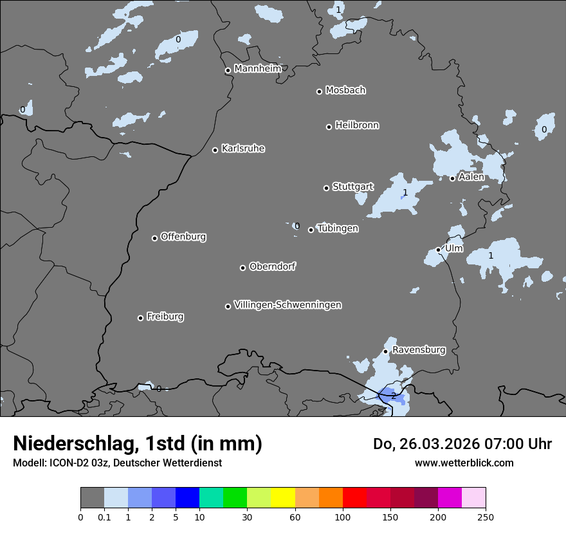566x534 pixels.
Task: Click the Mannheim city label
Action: (x=257, y=68)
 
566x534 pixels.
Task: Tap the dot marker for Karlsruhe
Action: (x=215, y=150)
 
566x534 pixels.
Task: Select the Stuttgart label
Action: (x=352, y=187)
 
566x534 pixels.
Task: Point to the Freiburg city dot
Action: (x=140, y=318)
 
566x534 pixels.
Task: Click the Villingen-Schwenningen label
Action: (x=288, y=305)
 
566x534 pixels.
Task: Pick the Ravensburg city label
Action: (x=418, y=350)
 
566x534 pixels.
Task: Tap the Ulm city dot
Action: (x=438, y=250)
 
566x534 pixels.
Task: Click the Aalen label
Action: (x=471, y=177)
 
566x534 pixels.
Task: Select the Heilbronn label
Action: (x=357, y=125)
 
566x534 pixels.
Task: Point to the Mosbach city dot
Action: (x=319, y=91)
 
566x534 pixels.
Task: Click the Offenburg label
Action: (x=183, y=237)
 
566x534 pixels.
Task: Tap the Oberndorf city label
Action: (x=273, y=266)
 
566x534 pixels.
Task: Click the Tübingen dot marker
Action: (x=311, y=230)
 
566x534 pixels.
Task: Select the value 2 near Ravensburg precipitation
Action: (x=394, y=396)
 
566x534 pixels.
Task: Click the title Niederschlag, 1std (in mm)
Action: (x=138, y=443)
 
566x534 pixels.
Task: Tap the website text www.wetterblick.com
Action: (x=464, y=463)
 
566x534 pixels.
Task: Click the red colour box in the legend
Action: (x=354, y=498)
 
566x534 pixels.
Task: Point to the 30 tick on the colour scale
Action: (x=247, y=516)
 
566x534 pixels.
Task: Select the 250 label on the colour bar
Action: (x=485, y=516)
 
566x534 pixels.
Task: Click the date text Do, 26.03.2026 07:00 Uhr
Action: (x=462, y=444)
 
